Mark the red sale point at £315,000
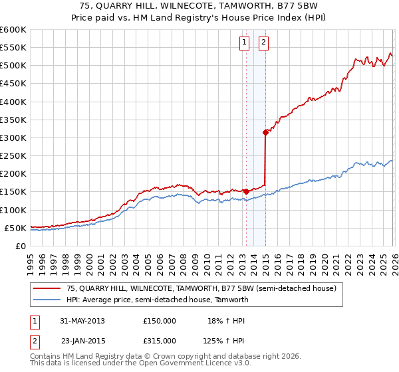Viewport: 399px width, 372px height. [x=265, y=132]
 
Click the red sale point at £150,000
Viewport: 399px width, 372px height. [x=246, y=191]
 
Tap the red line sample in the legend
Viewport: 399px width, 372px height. [x=47, y=288]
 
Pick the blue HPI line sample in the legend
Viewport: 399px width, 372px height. [x=47, y=300]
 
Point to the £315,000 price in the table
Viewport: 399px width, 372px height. [x=160, y=340]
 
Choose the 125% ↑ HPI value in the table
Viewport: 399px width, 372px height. [x=223, y=340]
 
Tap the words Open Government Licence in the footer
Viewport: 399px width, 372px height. [x=172, y=364]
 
